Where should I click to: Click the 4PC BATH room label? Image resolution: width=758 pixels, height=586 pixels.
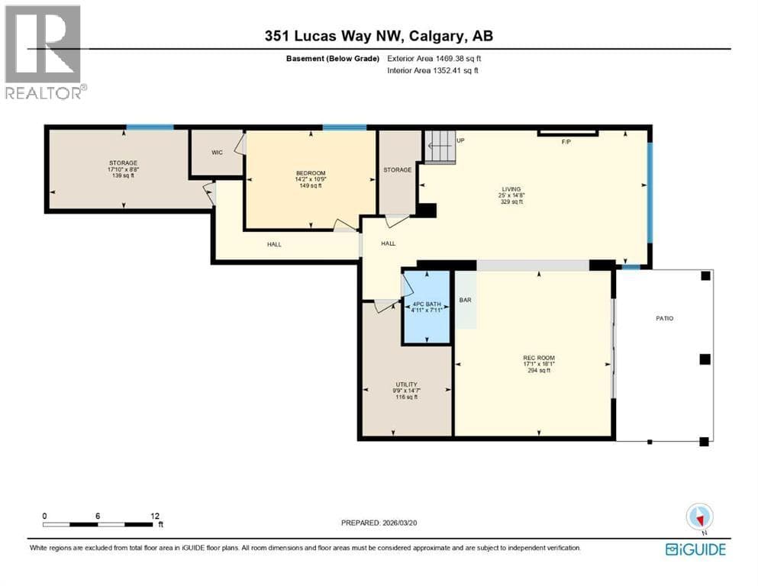click(427, 304)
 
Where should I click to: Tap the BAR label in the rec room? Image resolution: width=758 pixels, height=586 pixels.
click(465, 300)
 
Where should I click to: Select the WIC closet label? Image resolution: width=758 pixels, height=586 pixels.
click(217, 153)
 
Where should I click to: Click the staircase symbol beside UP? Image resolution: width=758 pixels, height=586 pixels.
click(440, 146)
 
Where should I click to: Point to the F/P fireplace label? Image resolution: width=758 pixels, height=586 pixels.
click(566, 142)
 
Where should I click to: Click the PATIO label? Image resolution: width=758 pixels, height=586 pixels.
click(665, 318)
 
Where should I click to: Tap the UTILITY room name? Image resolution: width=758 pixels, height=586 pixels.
click(406, 385)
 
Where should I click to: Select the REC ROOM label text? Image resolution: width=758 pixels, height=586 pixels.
click(539, 358)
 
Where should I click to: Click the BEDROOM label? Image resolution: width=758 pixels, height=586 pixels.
click(311, 173)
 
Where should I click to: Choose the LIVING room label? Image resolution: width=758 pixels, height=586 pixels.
click(511, 189)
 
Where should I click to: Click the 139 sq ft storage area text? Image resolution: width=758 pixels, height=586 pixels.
click(123, 175)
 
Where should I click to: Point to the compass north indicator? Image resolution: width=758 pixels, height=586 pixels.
click(699, 517)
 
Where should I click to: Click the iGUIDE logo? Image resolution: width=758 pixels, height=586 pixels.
click(695, 549)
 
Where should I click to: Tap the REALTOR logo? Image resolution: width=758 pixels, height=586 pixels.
click(44, 52)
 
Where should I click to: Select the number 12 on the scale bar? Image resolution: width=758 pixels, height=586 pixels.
click(155, 516)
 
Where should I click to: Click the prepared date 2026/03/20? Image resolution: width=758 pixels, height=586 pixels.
click(400, 523)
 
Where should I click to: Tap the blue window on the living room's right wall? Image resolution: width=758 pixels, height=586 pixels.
click(650, 192)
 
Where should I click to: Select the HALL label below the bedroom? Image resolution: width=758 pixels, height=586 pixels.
click(274, 244)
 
